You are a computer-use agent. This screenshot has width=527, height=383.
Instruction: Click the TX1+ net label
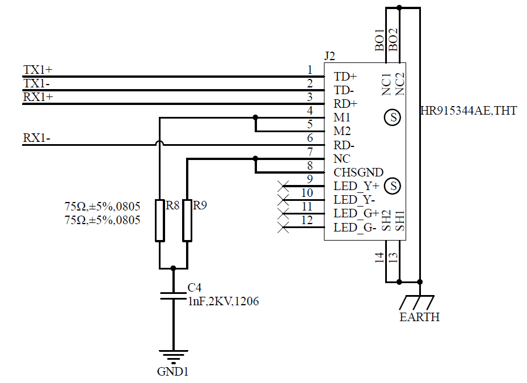pos(37,70)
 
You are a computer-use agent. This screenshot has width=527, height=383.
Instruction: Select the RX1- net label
pos(36,138)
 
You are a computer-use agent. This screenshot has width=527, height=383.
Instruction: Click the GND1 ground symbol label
pos(172,372)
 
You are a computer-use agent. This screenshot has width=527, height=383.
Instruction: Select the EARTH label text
pos(419,317)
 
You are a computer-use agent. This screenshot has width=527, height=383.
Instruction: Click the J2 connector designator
pos(330,56)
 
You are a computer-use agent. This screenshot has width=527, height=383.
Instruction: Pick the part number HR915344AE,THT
pos(469,111)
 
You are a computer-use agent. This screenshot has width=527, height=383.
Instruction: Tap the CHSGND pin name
pos(359,172)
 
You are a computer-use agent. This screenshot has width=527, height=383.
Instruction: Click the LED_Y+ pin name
pos(356,186)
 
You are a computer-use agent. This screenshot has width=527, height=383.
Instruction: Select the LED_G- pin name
pos(355,228)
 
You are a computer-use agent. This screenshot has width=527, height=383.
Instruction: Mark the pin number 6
pos(310,138)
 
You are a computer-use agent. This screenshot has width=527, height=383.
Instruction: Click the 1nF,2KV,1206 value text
pos(223,302)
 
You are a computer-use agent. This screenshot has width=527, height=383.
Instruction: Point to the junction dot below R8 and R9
pos(174,268)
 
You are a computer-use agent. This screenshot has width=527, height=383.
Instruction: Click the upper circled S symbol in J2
pos(392,118)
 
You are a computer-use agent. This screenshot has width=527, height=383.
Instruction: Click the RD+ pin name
pos(345,104)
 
